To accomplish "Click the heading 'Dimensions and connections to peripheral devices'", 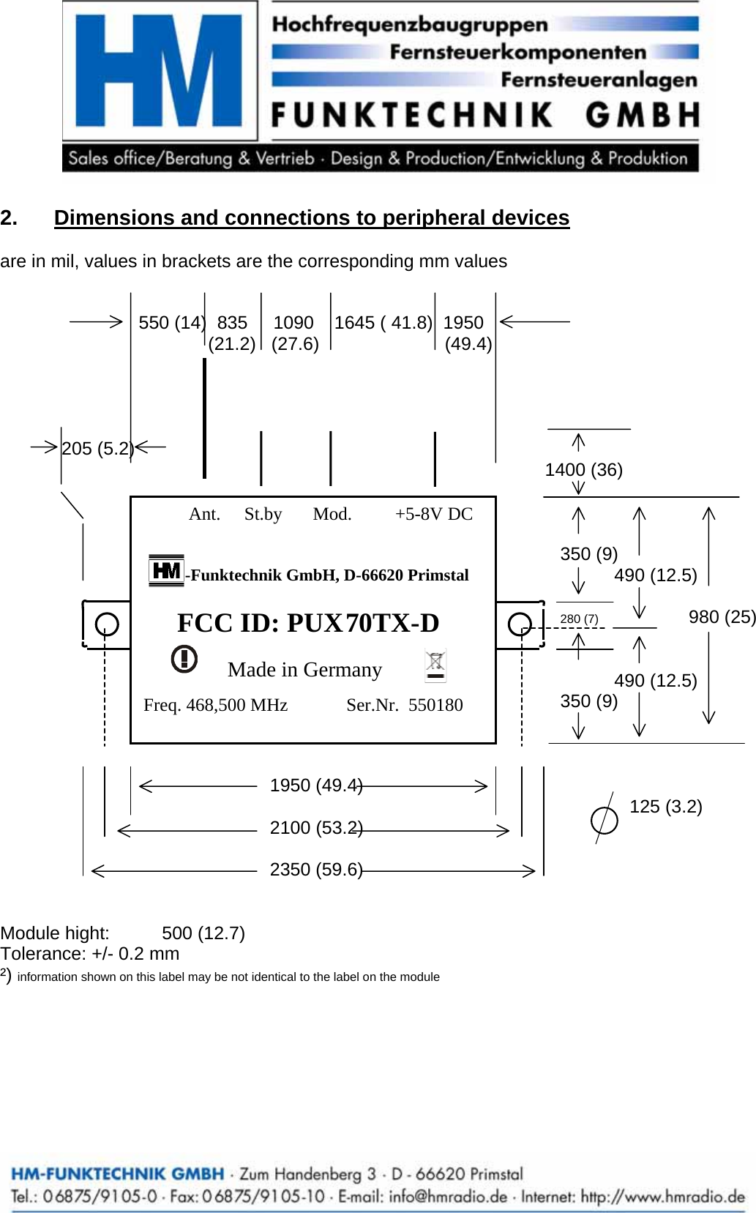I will tap(311, 217).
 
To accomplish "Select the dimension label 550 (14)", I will tap(171, 323).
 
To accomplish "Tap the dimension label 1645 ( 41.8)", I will tap(383, 323).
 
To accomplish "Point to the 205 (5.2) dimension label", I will tap(97, 449).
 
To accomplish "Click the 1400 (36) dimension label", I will tap(583, 470).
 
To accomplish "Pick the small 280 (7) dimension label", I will tap(579, 619).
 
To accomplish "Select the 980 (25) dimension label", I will tap(722, 617).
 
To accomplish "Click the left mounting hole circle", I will tap(107, 624).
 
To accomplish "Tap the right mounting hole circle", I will tap(520, 624).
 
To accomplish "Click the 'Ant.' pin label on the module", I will tap(204, 514).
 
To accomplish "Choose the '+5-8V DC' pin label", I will tap(434, 514).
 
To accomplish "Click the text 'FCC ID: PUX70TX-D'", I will tap(308, 623).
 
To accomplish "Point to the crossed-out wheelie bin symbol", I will tap(435, 665).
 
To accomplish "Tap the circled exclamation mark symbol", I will tap(184, 658).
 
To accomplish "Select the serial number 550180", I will tap(435, 705).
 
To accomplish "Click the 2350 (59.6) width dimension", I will tap(315, 870).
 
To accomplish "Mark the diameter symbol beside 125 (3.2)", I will tap(604, 819).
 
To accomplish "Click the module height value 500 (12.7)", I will tap(203, 933).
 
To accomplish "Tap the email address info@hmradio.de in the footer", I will tap(448, 1197).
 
